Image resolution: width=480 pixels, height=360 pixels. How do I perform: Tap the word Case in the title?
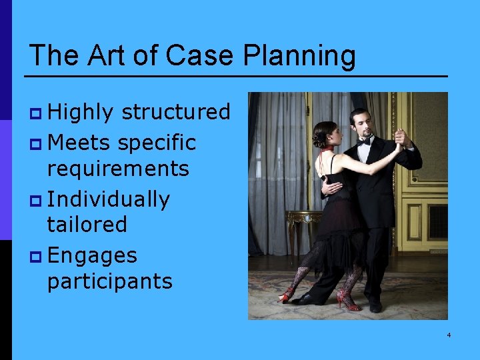[201, 55]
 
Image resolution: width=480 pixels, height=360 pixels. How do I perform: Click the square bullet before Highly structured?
[37, 113]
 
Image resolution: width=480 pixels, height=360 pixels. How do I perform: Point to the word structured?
[176, 112]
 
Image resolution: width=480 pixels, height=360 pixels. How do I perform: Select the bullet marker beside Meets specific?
[37, 143]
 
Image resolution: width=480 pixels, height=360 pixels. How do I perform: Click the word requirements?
[118, 168]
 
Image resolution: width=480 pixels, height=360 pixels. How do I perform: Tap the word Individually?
[109, 199]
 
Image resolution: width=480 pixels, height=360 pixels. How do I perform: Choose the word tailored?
[87, 224]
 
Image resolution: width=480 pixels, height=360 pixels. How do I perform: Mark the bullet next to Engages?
[37, 257]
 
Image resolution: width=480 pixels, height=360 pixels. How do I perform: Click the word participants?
[109, 281]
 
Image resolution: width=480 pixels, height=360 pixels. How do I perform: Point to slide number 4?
[449, 334]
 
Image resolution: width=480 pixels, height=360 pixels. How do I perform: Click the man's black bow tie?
[364, 141]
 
